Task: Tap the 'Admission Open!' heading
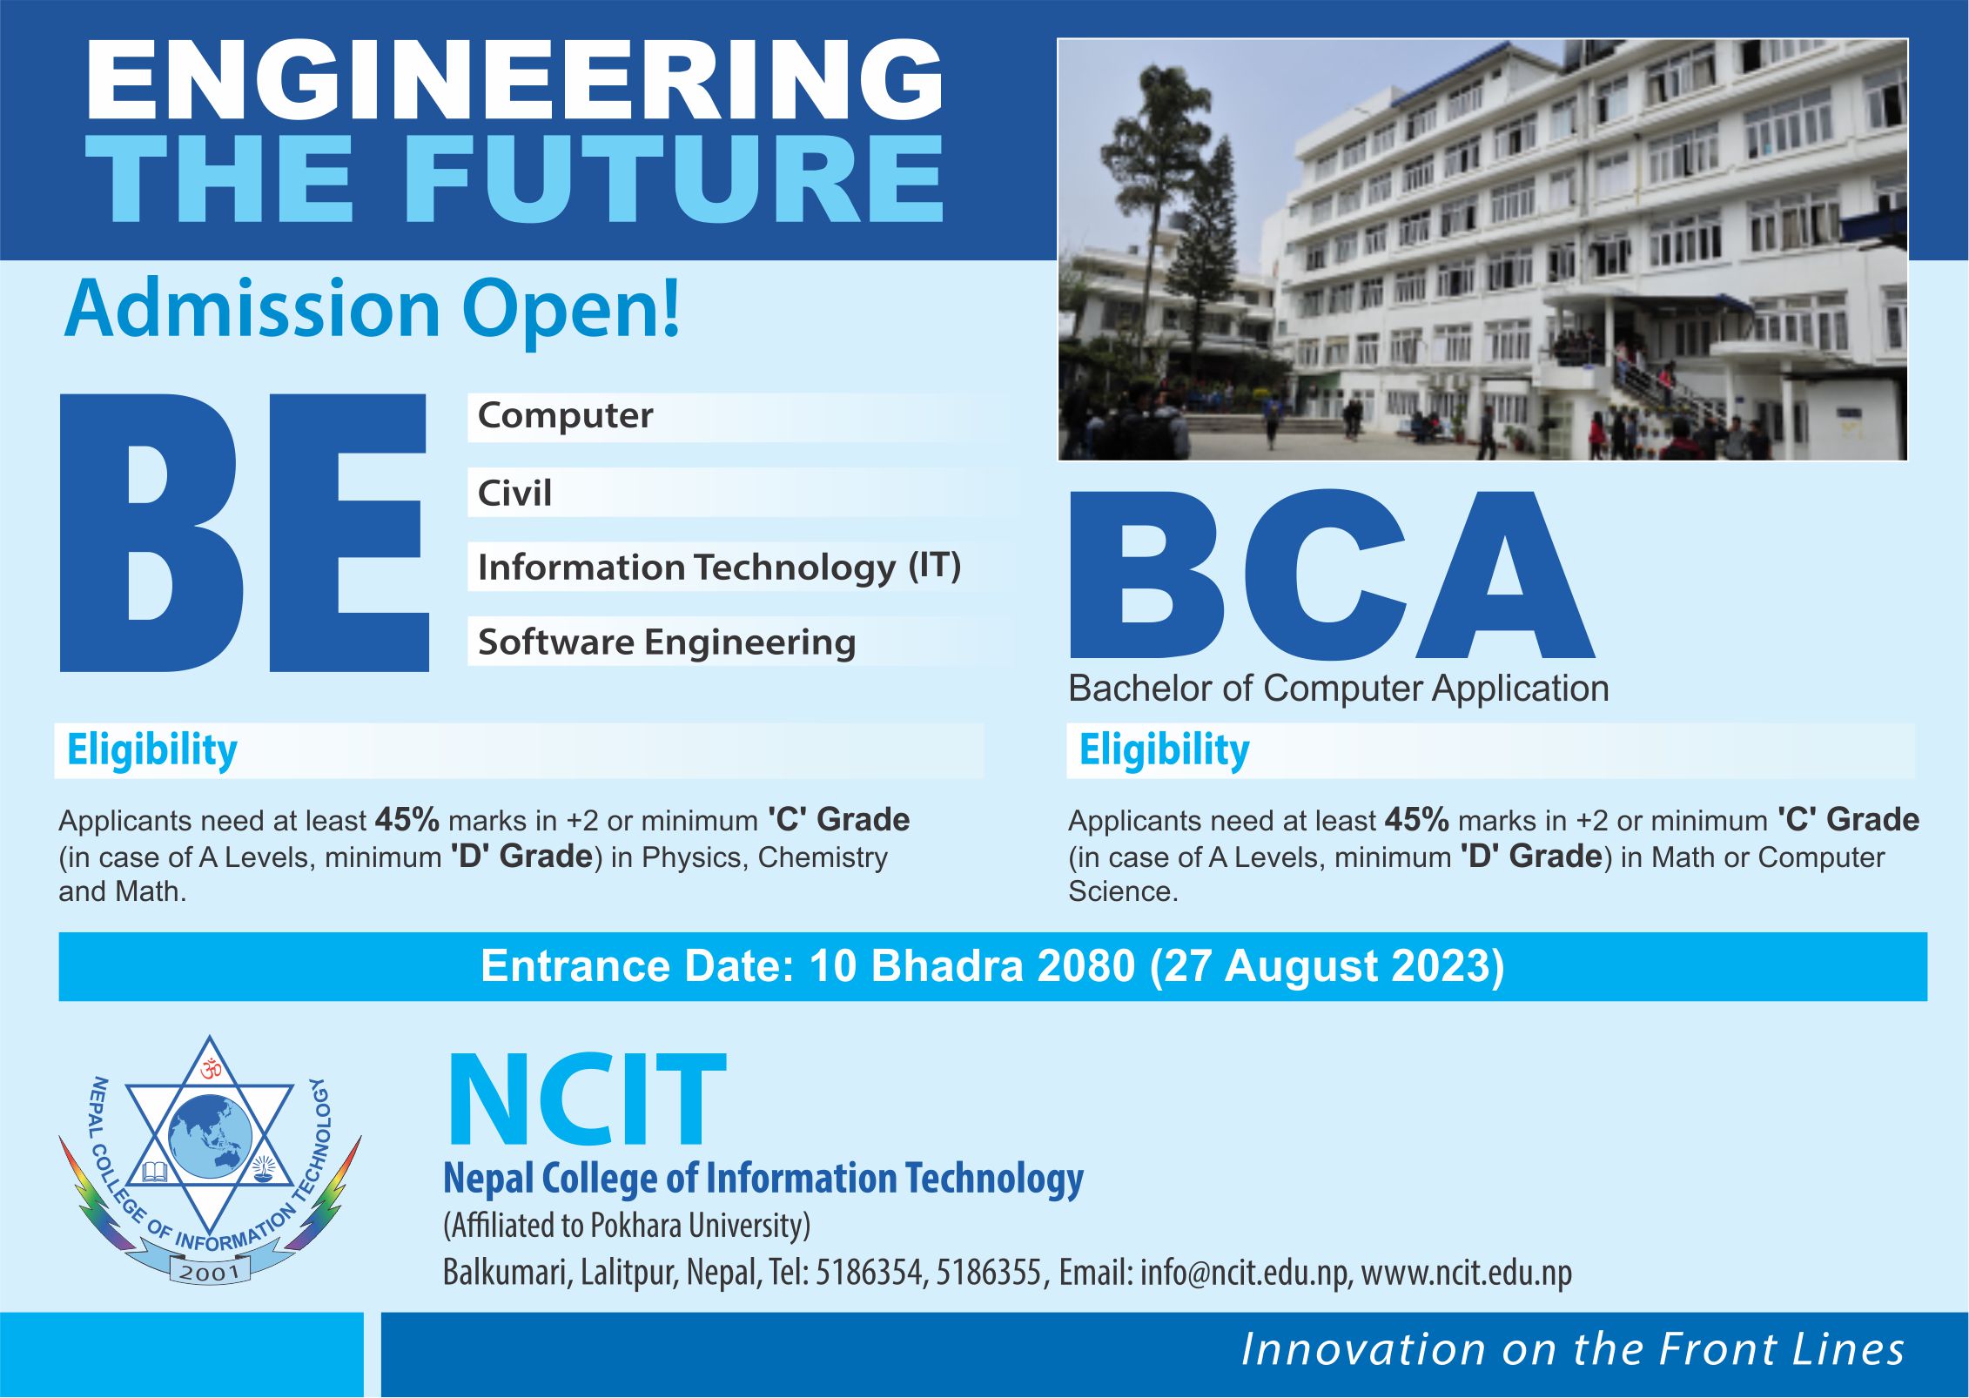[372, 309]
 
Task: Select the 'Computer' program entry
[565, 416]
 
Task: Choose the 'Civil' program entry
[514, 493]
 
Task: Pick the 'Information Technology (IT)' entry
[718, 568]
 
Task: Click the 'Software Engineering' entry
[667, 642]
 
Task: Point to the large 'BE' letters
[244, 533]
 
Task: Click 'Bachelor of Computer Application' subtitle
[1338, 689]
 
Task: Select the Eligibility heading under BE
[152, 749]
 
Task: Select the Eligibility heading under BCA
[1164, 749]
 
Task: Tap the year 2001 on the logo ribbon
[210, 1272]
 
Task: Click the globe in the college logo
[211, 1135]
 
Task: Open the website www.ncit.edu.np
[1467, 1273]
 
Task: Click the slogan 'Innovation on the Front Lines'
[1572, 1350]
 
